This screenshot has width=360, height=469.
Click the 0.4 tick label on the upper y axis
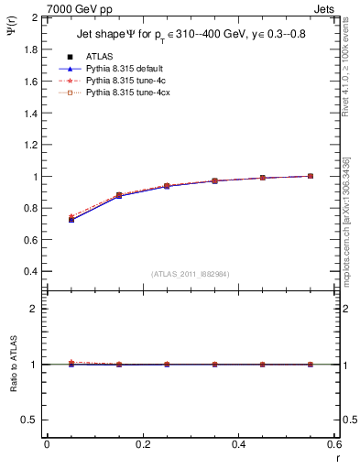(31, 272)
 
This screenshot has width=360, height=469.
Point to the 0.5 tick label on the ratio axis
(31, 420)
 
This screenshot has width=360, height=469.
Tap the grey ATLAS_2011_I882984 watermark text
(190, 274)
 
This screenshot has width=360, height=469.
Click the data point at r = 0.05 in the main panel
(71, 219)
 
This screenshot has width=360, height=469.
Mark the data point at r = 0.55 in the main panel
(311, 176)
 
